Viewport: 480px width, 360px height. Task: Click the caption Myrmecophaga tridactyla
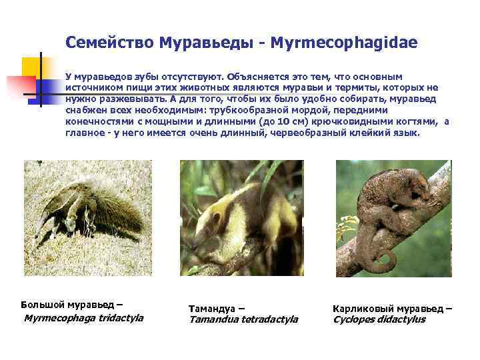[83, 318]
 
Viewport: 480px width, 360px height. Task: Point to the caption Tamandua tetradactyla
[243, 319]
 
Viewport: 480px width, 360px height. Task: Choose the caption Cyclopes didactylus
[379, 319]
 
